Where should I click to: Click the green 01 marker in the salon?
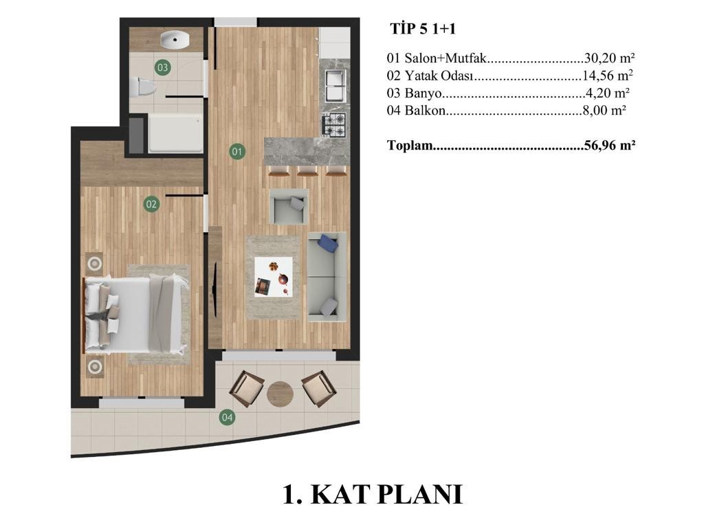(236, 152)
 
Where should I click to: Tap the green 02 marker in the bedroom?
(151, 205)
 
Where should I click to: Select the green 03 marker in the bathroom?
(162, 68)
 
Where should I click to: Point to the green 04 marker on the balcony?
(227, 418)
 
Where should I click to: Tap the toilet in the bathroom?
(143, 87)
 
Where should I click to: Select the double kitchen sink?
(335, 85)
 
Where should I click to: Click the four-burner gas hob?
(335, 125)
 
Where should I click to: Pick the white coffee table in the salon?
(274, 277)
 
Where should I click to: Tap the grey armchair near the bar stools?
(288, 206)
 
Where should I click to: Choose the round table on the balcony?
(280, 394)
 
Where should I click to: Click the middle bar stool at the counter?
(307, 170)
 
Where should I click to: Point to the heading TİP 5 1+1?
(423, 29)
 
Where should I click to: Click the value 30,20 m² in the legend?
(609, 58)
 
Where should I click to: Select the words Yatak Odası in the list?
(439, 76)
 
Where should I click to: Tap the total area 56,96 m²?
(610, 145)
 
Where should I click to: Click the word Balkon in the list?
(425, 110)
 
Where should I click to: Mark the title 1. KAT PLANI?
(373, 495)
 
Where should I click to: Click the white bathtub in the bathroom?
(175, 133)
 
